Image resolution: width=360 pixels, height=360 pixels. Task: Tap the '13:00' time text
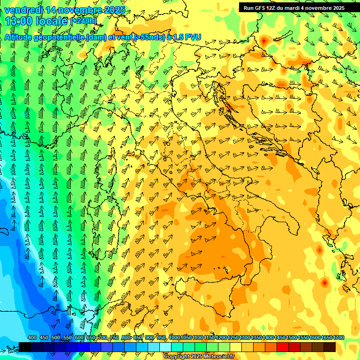[19, 21]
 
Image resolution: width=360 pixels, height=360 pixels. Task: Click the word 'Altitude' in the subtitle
[21, 37]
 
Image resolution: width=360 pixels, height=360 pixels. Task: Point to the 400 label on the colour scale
[32, 338]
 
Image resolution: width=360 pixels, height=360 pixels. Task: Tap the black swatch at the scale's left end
[25, 347]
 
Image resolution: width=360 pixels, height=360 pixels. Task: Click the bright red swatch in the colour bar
[283, 347]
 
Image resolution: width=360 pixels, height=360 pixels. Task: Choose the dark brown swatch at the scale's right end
[330, 347]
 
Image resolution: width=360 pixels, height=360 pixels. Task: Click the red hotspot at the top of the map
[263, 41]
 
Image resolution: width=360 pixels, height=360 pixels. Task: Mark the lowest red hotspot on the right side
[324, 283]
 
